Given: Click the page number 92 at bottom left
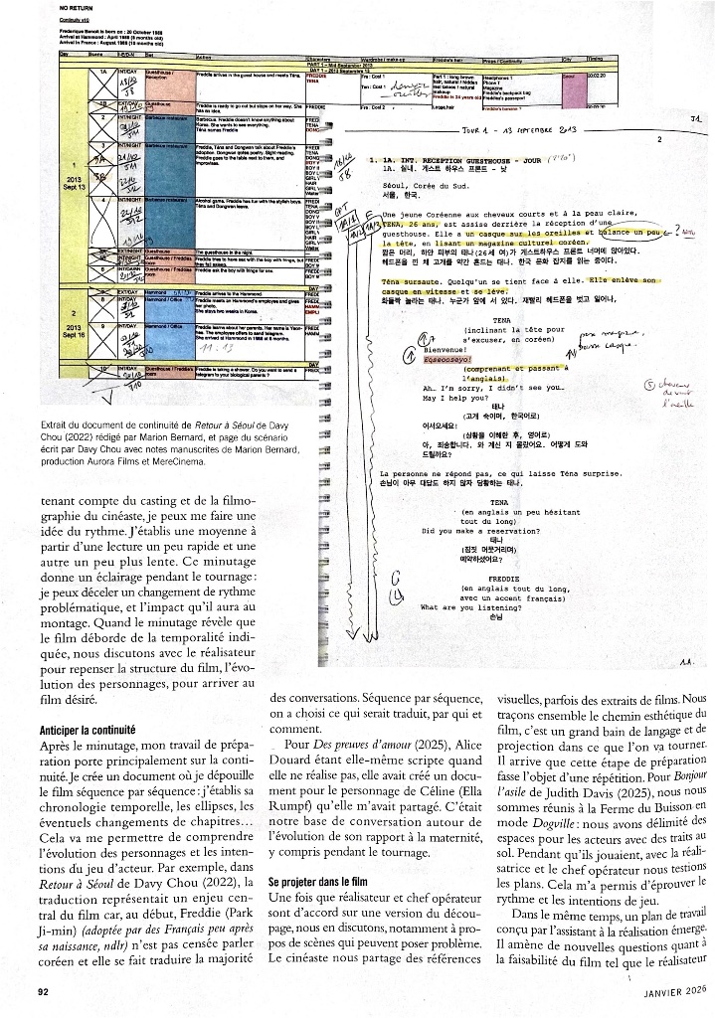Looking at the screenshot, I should tap(44, 990).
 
